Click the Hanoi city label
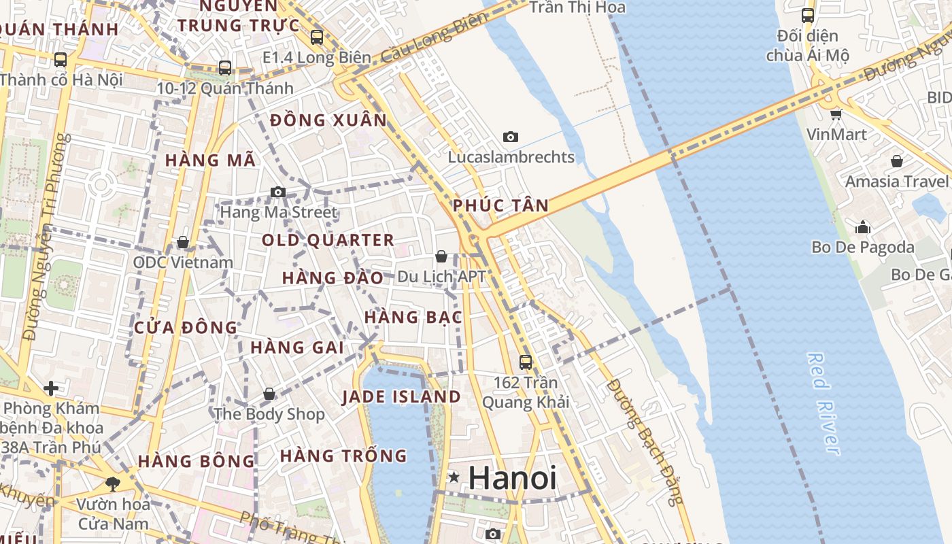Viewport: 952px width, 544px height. [x=512, y=478]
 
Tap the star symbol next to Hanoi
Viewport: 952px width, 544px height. [x=454, y=478]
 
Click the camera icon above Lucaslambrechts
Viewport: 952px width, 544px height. [x=511, y=137]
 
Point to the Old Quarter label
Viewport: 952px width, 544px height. [x=328, y=240]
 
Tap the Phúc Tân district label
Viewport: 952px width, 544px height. [x=500, y=206]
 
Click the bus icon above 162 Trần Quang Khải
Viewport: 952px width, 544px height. [x=526, y=362]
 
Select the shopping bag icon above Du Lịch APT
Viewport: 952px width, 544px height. [x=441, y=256]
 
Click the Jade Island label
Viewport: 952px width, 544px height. [x=401, y=397]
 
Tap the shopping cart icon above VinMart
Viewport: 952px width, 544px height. [x=836, y=114]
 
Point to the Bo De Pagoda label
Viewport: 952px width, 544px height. [x=863, y=248]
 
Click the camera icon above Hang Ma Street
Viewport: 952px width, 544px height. [x=278, y=192]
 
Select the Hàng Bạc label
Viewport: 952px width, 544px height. [x=413, y=318]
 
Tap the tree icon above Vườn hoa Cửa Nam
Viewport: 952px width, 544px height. [x=113, y=484]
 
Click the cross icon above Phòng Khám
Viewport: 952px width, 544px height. [x=51, y=388]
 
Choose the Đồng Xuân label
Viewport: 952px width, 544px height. [x=328, y=121]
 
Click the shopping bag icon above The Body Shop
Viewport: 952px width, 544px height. [x=269, y=394]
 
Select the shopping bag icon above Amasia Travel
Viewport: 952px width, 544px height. [x=897, y=161]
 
